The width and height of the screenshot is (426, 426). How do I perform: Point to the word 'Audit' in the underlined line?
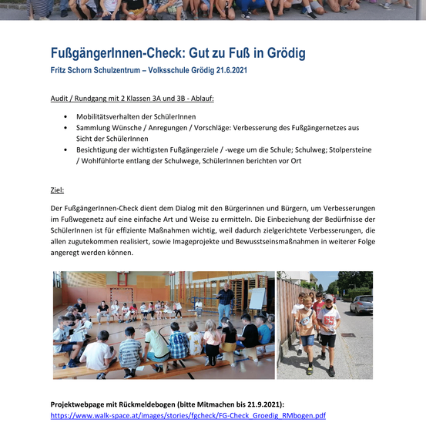click(x=59, y=99)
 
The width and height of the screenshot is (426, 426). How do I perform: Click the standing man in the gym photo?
click(x=224, y=303)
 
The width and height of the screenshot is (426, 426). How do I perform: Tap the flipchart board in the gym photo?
click(x=257, y=298)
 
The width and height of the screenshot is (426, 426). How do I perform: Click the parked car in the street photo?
click(x=361, y=304)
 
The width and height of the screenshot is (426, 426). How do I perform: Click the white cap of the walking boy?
click(x=329, y=297)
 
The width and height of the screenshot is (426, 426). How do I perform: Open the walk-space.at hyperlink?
click(x=188, y=415)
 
